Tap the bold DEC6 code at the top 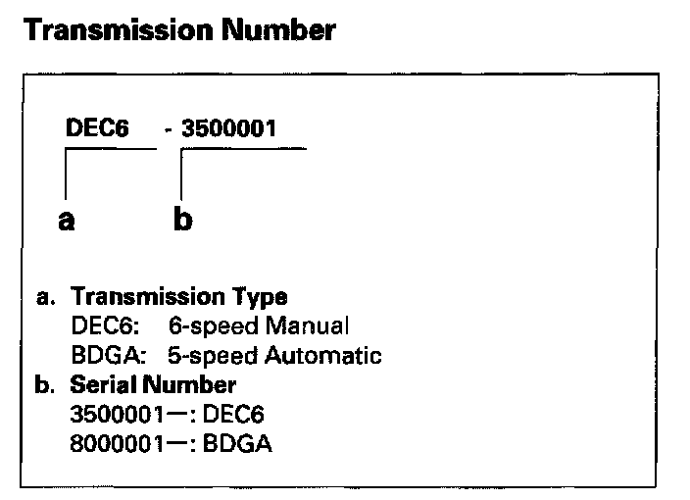(x=91, y=129)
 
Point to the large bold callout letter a (x=66, y=220)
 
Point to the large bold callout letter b (x=183, y=220)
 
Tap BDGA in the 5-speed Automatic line (x=101, y=354)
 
